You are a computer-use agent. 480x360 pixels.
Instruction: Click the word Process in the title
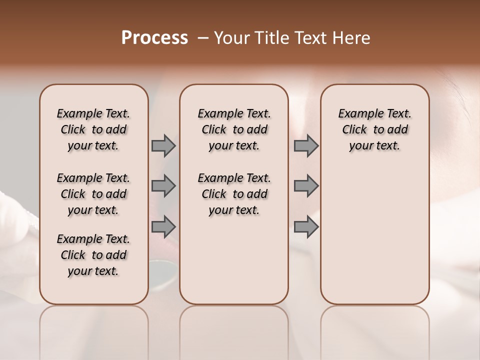pos(154,37)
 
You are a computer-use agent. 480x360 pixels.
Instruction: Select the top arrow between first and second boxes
pos(163,146)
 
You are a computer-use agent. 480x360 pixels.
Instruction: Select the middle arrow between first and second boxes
pos(163,186)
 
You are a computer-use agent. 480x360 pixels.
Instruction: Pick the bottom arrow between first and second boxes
pos(163,226)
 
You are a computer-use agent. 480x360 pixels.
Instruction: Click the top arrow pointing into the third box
pos(306,146)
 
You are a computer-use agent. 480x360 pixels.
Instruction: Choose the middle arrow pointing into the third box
pos(306,186)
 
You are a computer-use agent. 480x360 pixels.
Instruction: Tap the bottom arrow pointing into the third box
pos(306,226)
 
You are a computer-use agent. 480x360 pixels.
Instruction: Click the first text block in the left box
pos(93,129)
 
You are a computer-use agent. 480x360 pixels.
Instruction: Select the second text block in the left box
pos(93,194)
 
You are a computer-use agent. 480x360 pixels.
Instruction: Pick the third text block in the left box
pos(93,255)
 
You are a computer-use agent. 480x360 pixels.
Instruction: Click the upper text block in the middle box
pos(234,129)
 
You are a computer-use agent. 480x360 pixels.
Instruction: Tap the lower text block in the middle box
pos(234,194)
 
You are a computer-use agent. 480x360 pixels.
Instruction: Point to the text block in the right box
pos(374,129)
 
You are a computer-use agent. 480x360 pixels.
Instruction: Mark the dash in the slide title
pos(203,37)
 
